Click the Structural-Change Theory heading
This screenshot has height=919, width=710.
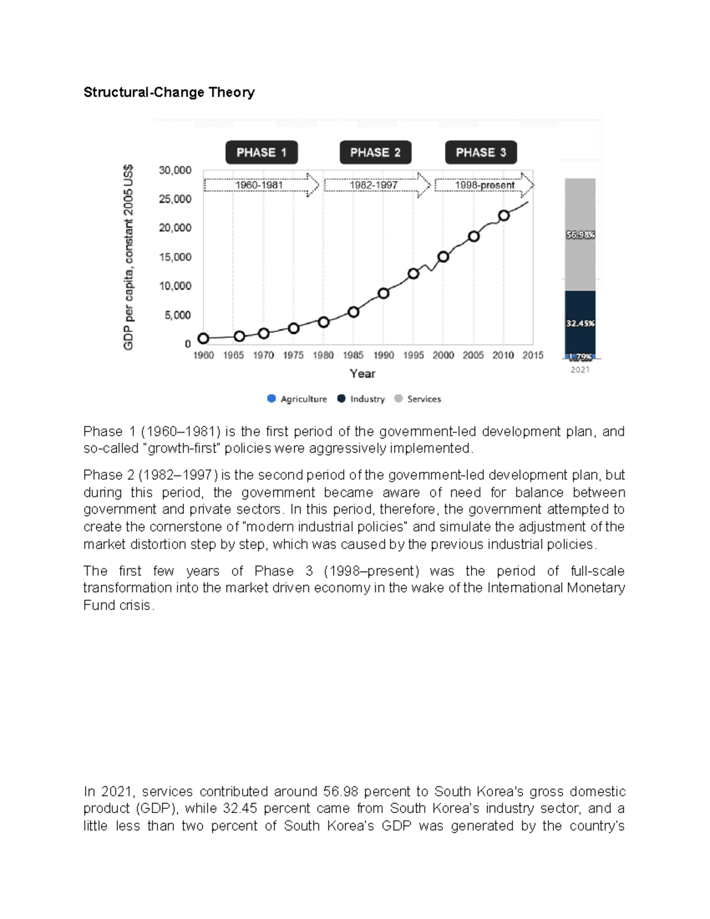click(169, 92)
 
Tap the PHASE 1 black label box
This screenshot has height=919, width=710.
click(261, 153)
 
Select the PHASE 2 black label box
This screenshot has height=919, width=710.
click(375, 153)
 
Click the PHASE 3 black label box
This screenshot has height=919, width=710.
click(480, 153)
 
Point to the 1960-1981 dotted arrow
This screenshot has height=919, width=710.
click(261, 185)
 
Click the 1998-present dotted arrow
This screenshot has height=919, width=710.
click(485, 185)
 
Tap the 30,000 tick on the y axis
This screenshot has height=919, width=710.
click(175, 170)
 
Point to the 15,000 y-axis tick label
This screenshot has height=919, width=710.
click(175, 257)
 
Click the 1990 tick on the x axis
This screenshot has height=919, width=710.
click(383, 355)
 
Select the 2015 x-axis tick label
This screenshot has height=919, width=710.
click(532, 355)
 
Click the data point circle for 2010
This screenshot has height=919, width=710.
click(504, 216)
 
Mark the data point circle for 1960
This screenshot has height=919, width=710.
click(204, 338)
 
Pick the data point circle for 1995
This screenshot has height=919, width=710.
click(414, 273)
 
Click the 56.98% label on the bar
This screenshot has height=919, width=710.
click(580, 235)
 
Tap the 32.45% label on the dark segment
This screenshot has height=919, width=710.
click(580, 324)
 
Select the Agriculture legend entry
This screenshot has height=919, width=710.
click(297, 399)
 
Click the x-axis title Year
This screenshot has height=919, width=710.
click(362, 373)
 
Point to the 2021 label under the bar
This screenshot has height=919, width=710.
click(580, 369)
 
